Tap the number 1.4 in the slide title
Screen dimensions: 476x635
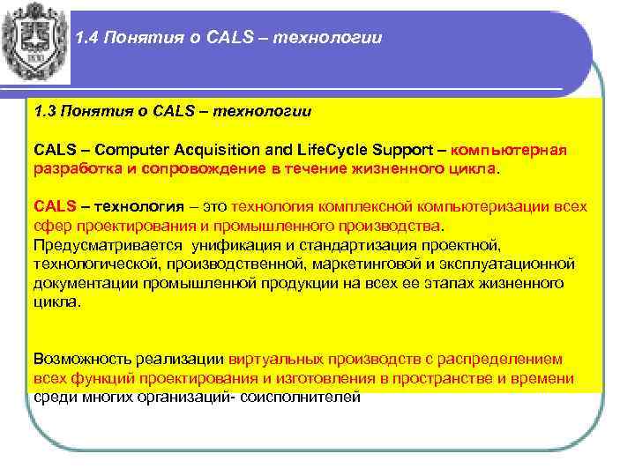point(88,38)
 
